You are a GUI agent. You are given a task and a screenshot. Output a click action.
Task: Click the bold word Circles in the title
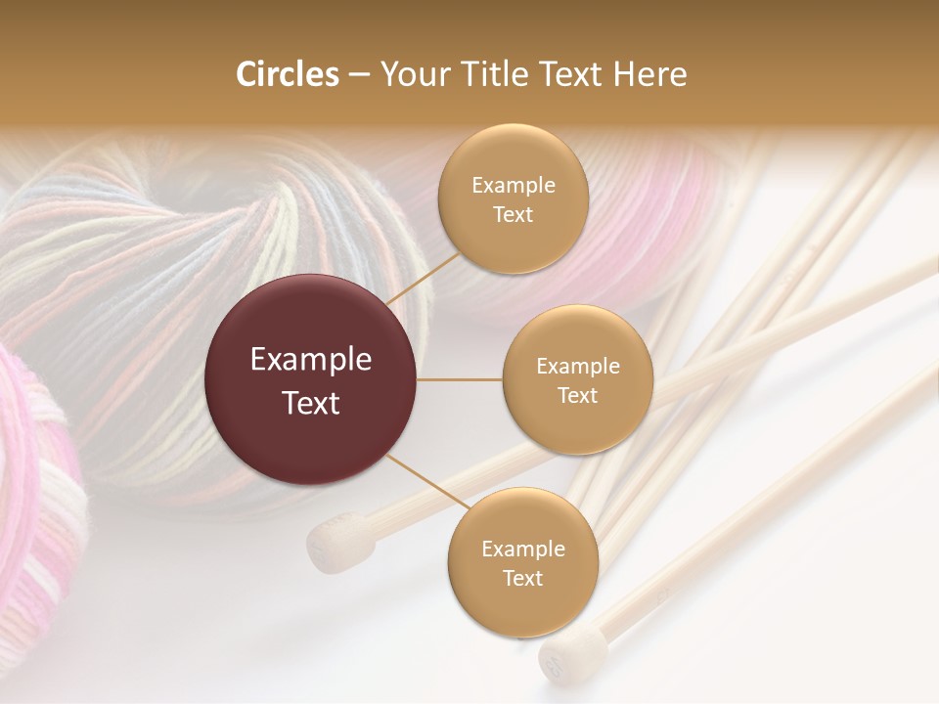287,74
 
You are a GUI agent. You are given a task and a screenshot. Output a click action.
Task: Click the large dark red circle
311,379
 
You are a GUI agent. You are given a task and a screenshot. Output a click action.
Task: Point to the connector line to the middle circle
460,379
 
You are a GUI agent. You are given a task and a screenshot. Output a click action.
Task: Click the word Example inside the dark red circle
311,360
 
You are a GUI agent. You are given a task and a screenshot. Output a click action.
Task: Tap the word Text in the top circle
514,215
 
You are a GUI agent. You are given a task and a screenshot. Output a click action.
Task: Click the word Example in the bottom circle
523,550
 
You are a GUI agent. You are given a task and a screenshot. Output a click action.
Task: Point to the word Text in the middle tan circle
578,396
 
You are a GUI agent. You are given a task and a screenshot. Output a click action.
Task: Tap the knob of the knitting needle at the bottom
560,656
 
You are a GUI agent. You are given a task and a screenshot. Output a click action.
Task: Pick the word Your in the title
410,74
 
